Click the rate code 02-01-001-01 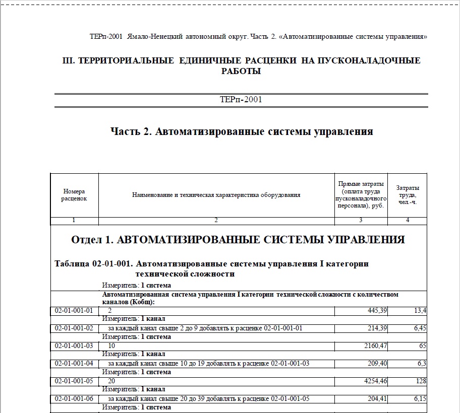pyautogui.click(x=74, y=311)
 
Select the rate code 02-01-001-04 pyautogui.click(x=74, y=364)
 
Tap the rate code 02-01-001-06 pyautogui.click(x=74, y=399)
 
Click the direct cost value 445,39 pyautogui.click(x=377, y=311)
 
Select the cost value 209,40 pyautogui.click(x=377, y=364)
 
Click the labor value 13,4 pyautogui.click(x=420, y=311)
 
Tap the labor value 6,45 pyautogui.click(x=418, y=328)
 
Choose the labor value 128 pyautogui.click(x=421, y=381)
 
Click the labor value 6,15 pyautogui.click(x=418, y=399)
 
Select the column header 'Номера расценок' pyautogui.click(x=74, y=195)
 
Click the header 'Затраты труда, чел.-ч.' pyautogui.click(x=407, y=195)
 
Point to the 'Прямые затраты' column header pyautogui.click(x=361, y=194)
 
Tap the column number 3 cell pyautogui.click(x=361, y=221)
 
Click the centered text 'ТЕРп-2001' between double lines pyautogui.click(x=241, y=99)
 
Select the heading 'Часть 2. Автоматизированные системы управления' pyautogui.click(x=242, y=132)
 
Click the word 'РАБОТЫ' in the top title pyautogui.click(x=241, y=71)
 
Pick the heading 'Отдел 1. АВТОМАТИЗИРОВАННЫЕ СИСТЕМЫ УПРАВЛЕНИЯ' pyautogui.click(x=238, y=240)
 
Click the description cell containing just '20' pyautogui.click(x=112, y=381)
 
